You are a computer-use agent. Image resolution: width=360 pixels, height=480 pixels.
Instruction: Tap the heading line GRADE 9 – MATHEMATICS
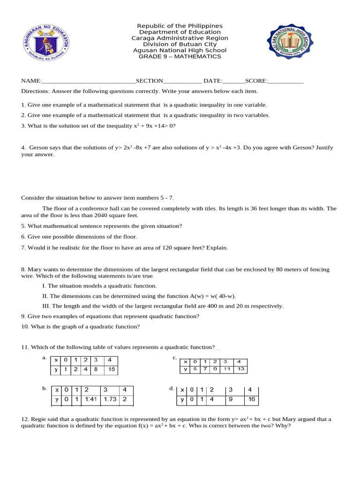[x=180, y=57]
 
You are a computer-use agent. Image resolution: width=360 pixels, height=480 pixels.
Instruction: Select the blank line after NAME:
[x=89, y=81]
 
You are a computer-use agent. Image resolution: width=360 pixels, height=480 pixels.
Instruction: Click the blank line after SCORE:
[x=286, y=81]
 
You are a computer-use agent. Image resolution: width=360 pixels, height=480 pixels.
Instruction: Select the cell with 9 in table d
[x=231, y=400]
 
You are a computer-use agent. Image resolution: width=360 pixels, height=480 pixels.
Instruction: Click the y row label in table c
[x=186, y=369]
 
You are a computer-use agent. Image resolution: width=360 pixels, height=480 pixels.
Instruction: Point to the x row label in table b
[x=57, y=390]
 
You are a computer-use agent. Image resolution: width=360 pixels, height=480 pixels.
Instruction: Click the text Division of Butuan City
[x=180, y=44]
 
